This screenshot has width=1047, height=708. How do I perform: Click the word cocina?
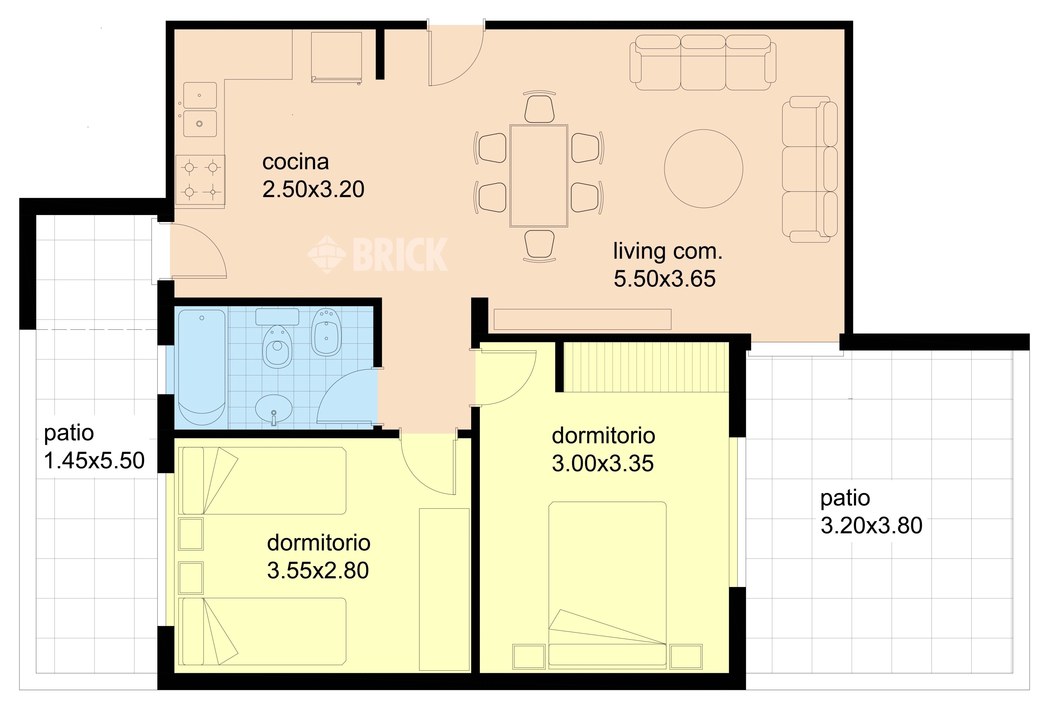[x=296, y=162]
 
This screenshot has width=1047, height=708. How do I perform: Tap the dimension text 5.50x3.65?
[x=664, y=279]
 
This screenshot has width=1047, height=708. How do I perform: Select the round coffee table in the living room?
[x=703, y=169]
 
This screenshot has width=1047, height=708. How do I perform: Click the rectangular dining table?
[x=539, y=176]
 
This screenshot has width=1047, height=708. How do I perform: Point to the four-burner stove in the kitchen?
[x=200, y=180]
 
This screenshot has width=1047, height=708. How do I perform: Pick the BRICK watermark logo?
[x=378, y=254]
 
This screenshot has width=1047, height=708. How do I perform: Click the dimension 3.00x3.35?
[x=602, y=463]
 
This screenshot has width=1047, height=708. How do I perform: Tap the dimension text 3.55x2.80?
[x=318, y=570]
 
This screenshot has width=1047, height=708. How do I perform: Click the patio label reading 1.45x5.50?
[x=94, y=460]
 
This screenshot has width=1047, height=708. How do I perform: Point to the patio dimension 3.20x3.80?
[x=871, y=525]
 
